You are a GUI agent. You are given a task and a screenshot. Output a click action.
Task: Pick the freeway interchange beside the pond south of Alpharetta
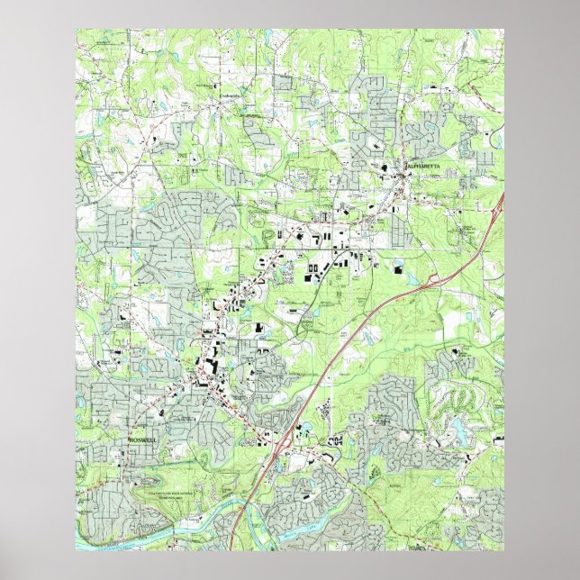(431, 281)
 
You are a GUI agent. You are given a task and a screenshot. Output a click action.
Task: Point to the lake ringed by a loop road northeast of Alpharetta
(494, 140)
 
